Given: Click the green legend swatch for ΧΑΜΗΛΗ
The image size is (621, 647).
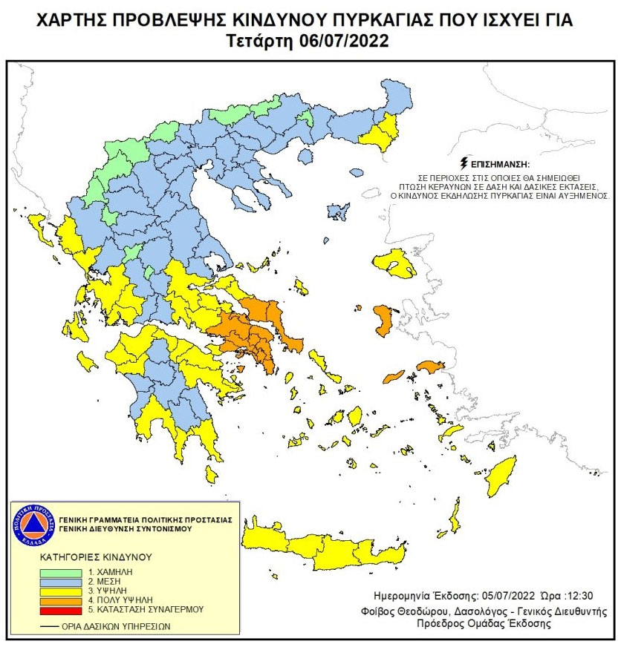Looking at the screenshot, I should click(x=60, y=572).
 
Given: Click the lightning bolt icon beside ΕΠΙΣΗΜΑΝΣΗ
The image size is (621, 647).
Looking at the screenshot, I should click(x=466, y=163).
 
